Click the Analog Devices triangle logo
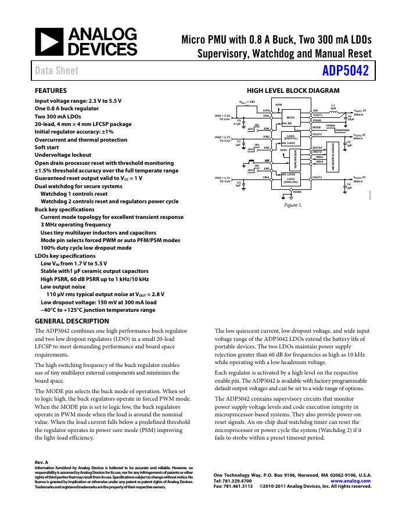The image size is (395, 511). pyautogui.click(x=49, y=42)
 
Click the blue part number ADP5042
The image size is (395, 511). pyautogui.click(x=344, y=71)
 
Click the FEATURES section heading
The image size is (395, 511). pyautogui.click(x=51, y=91)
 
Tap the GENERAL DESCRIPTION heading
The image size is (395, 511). pyautogui.click(x=71, y=321)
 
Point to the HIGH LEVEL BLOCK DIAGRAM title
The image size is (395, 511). pyautogui.click(x=293, y=91)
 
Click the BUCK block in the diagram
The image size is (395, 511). pyautogui.click(x=290, y=117)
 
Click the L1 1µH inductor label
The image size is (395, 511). pyautogui.click(x=333, y=107)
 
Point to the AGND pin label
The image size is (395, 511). pyautogui.click(x=297, y=192)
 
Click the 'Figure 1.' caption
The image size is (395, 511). pyautogui.click(x=293, y=205)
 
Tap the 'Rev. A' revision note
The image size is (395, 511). pyautogui.click(x=42, y=462)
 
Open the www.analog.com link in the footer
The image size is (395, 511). pyautogui.click(x=351, y=481)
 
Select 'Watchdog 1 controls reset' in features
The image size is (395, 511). pyautogui.click(x=74, y=194)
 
